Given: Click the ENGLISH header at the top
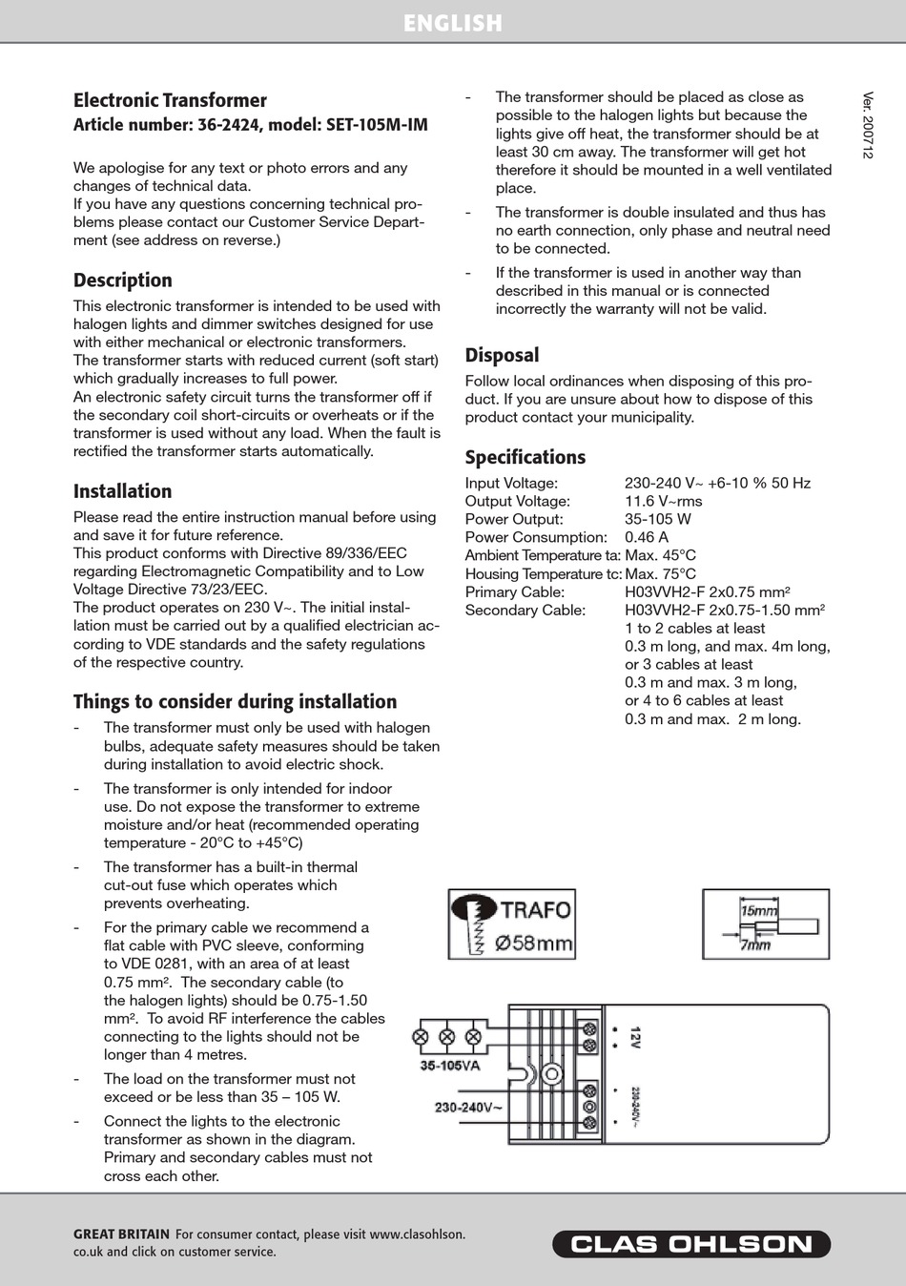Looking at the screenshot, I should pos(452,23).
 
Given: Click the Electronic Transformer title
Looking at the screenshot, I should pos(170,100).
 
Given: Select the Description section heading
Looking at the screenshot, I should pos(123,280).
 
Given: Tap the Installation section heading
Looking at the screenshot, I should pos(123,491).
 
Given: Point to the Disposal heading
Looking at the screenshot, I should pos(502,355).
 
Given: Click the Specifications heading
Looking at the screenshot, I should pos(525,457).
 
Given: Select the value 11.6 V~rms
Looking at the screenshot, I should pos(664,502).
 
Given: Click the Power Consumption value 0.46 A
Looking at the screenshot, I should pos(647,538).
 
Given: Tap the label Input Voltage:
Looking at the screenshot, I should pos(511,484).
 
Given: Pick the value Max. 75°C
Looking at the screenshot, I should pos(660,574).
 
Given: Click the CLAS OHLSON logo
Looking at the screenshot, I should pos(691,1244).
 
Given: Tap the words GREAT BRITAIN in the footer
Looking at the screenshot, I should pos(121,1234).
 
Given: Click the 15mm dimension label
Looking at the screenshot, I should pos(759,910).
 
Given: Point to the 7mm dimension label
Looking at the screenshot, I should pos(755,945).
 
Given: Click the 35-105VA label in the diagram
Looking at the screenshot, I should pos(450,1066).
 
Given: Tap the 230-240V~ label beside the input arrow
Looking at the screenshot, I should pos(468,1108).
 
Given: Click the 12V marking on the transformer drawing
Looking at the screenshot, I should pos(635,1038).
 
